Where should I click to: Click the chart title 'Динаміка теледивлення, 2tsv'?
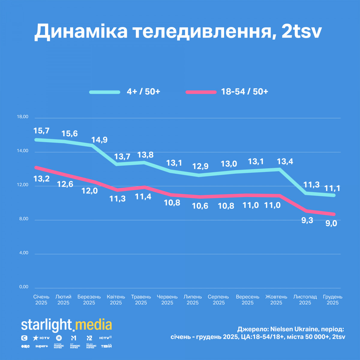point(178,31)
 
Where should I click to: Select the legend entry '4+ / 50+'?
point(143,91)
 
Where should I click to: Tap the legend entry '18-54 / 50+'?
point(244,91)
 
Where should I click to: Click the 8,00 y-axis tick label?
point(23,219)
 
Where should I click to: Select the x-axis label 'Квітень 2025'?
point(116,300)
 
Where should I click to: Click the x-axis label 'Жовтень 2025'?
point(276,300)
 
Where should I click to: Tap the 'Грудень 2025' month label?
point(332,300)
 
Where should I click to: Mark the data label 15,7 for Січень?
point(41,131)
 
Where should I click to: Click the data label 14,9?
point(99,140)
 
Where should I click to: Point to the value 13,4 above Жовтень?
point(285,162)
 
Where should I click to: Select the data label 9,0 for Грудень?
point(331,223)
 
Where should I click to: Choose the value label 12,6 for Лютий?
point(65,184)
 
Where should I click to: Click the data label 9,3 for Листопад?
point(307,220)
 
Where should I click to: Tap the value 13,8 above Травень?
point(145,155)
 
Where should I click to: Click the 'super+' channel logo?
point(42,346)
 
